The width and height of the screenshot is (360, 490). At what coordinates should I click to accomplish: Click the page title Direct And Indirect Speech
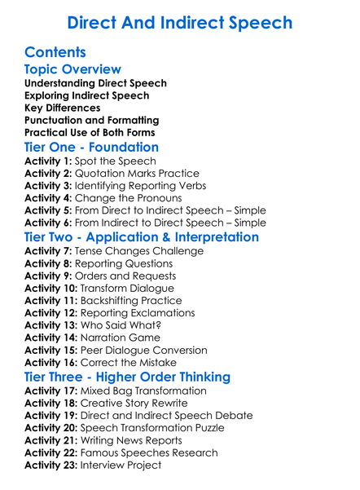pos(179,22)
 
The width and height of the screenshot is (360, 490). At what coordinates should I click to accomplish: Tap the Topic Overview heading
pos(72,69)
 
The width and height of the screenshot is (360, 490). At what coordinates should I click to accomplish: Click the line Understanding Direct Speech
pos(95,83)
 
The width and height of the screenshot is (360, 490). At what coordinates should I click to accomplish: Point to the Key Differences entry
pos(63,108)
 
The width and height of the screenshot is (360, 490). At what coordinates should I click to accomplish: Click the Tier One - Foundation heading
pos(91,147)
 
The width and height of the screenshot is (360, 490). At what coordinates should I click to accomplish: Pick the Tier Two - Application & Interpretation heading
pos(142,237)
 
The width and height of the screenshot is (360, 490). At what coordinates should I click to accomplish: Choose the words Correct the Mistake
pos(134,363)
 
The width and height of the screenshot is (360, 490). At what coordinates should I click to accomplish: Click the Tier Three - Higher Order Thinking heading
pos(127,377)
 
